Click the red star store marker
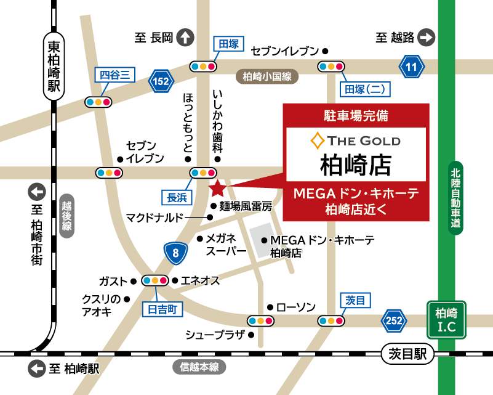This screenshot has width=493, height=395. tap(217, 187)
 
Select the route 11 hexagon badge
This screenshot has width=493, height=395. tap(411, 66)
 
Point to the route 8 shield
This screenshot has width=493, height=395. tap(176, 253)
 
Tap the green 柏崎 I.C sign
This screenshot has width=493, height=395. tap(447, 320)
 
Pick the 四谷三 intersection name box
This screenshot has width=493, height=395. tap(114, 75)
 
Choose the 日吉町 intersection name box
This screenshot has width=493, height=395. tap(162, 309)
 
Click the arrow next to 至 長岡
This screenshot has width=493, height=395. tap(185, 38)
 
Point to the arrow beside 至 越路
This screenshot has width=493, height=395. tap(426, 38)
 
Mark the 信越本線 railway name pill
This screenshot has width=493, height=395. tap(199, 367)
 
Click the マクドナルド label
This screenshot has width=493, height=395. tap(154, 218)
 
